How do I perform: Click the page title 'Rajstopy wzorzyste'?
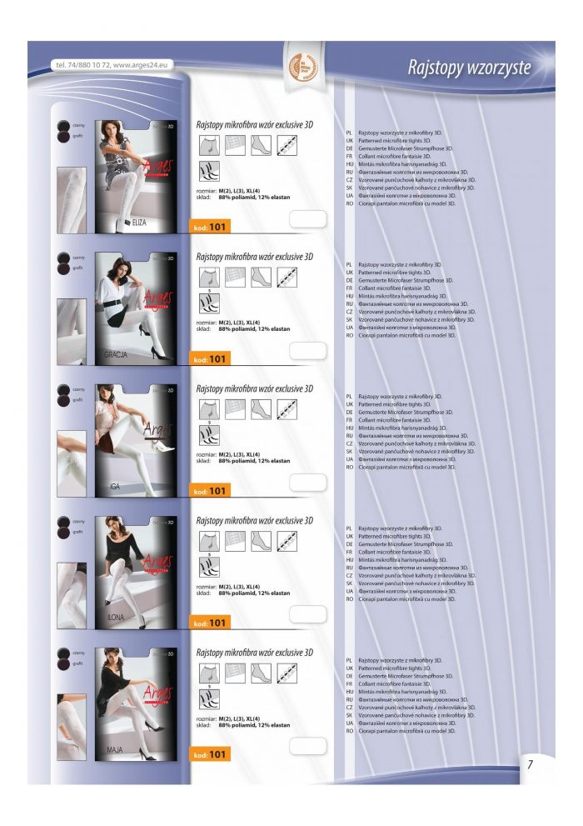(468, 68)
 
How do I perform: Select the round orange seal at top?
(300, 67)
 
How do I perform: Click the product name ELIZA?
(132, 223)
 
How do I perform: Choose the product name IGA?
(115, 486)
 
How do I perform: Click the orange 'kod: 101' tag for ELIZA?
(210, 227)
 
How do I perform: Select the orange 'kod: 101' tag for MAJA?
(210, 755)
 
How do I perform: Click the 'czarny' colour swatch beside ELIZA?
(63, 124)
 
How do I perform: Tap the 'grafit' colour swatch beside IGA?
(63, 401)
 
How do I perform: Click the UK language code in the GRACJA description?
(350, 273)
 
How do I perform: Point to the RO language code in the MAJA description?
(350, 731)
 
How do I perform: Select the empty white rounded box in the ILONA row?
(307, 614)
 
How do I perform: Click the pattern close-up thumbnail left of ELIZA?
(71, 200)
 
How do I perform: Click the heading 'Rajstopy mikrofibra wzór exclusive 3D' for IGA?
(254, 389)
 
